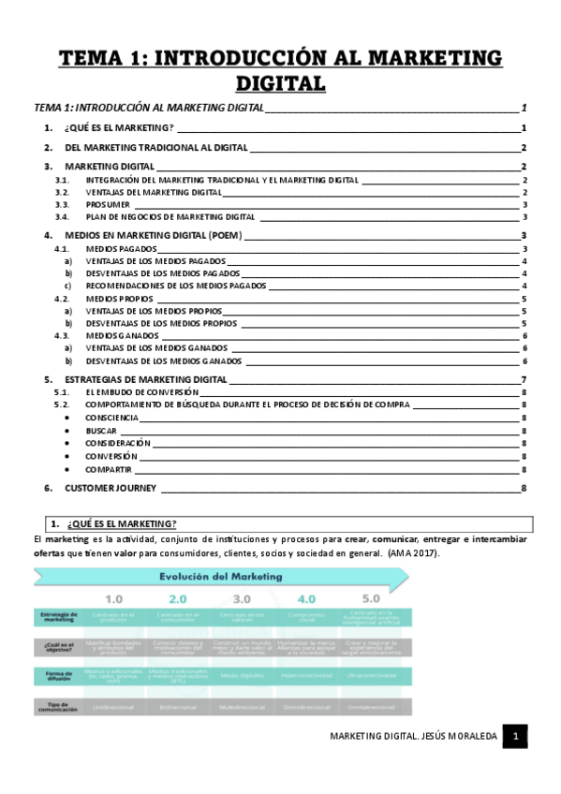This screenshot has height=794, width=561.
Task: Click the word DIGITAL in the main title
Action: click(x=280, y=83)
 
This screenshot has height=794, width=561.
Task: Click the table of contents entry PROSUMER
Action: click(x=109, y=204)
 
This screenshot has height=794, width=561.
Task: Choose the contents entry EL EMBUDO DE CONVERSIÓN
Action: click(x=140, y=392)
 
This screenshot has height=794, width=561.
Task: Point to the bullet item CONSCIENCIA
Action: click(x=117, y=418)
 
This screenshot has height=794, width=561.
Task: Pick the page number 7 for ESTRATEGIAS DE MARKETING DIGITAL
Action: click(x=524, y=379)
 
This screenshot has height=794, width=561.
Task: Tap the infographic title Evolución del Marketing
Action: click(x=221, y=577)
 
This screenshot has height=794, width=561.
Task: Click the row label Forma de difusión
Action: click(x=59, y=675)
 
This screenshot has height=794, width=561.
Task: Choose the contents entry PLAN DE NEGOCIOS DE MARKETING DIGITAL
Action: click(x=170, y=216)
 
